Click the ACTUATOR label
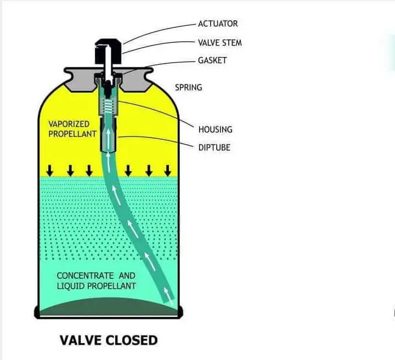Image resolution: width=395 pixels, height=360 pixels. pyautogui.click(x=218, y=24)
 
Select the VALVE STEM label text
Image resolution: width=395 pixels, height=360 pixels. pyautogui.click(x=219, y=42)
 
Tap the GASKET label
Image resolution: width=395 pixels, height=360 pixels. pyautogui.click(x=212, y=60)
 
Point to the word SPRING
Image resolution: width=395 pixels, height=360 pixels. pyautogui.click(x=188, y=87)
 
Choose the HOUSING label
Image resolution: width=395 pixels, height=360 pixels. pyautogui.click(x=215, y=129)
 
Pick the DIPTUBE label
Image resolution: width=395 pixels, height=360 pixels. pyautogui.click(x=215, y=147)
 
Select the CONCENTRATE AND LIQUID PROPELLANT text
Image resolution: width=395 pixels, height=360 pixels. pyautogui.click(x=97, y=281)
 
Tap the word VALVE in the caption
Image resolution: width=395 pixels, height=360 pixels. pyautogui.click(x=80, y=340)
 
